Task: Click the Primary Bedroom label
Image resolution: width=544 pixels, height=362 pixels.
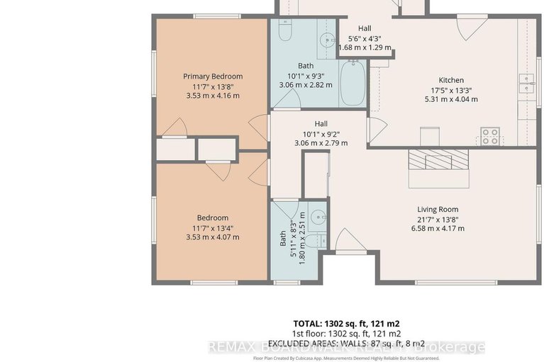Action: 213,77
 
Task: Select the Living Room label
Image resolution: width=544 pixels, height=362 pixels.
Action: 437,209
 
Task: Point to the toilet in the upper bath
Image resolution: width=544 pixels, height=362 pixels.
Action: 284,32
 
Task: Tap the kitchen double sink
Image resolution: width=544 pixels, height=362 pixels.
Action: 527,84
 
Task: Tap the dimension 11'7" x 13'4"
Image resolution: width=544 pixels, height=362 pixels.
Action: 213,227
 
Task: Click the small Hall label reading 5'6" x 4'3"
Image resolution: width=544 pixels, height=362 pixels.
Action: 365,38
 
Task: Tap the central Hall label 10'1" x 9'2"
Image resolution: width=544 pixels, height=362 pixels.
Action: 321,132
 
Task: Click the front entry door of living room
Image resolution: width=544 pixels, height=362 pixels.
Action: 350,241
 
